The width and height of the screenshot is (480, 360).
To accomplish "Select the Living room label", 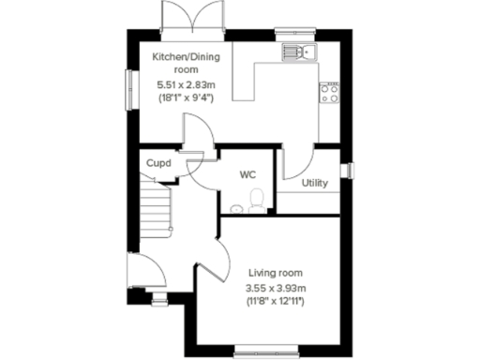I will click(x=276, y=272).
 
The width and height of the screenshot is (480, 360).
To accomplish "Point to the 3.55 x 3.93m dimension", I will click(x=276, y=287).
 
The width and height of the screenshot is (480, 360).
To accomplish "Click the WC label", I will click(x=247, y=174).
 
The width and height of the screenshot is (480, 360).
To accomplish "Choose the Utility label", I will click(x=314, y=182).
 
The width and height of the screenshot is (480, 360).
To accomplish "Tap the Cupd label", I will click(x=157, y=163).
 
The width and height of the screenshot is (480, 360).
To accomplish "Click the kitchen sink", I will click(x=303, y=51).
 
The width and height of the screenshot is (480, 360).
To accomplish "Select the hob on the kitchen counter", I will click(x=331, y=90).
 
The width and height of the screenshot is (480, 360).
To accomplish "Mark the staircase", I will click(x=156, y=206).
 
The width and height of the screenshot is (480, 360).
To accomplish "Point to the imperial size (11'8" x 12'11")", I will click(x=276, y=301).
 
